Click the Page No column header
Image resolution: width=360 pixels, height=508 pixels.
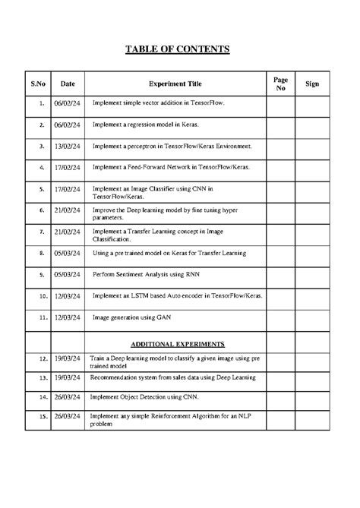tap(279, 84)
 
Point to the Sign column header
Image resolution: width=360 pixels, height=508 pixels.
tap(311, 84)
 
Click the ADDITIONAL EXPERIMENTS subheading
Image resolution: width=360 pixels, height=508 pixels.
tap(177, 344)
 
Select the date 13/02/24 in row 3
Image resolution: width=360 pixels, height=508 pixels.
tap(68, 144)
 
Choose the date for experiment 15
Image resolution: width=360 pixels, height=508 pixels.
tap(68, 417)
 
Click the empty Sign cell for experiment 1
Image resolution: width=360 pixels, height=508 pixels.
tap(311, 102)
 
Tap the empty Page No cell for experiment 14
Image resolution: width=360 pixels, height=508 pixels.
tap(279, 396)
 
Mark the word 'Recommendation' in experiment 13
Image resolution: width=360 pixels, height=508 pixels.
tap(114, 377)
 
